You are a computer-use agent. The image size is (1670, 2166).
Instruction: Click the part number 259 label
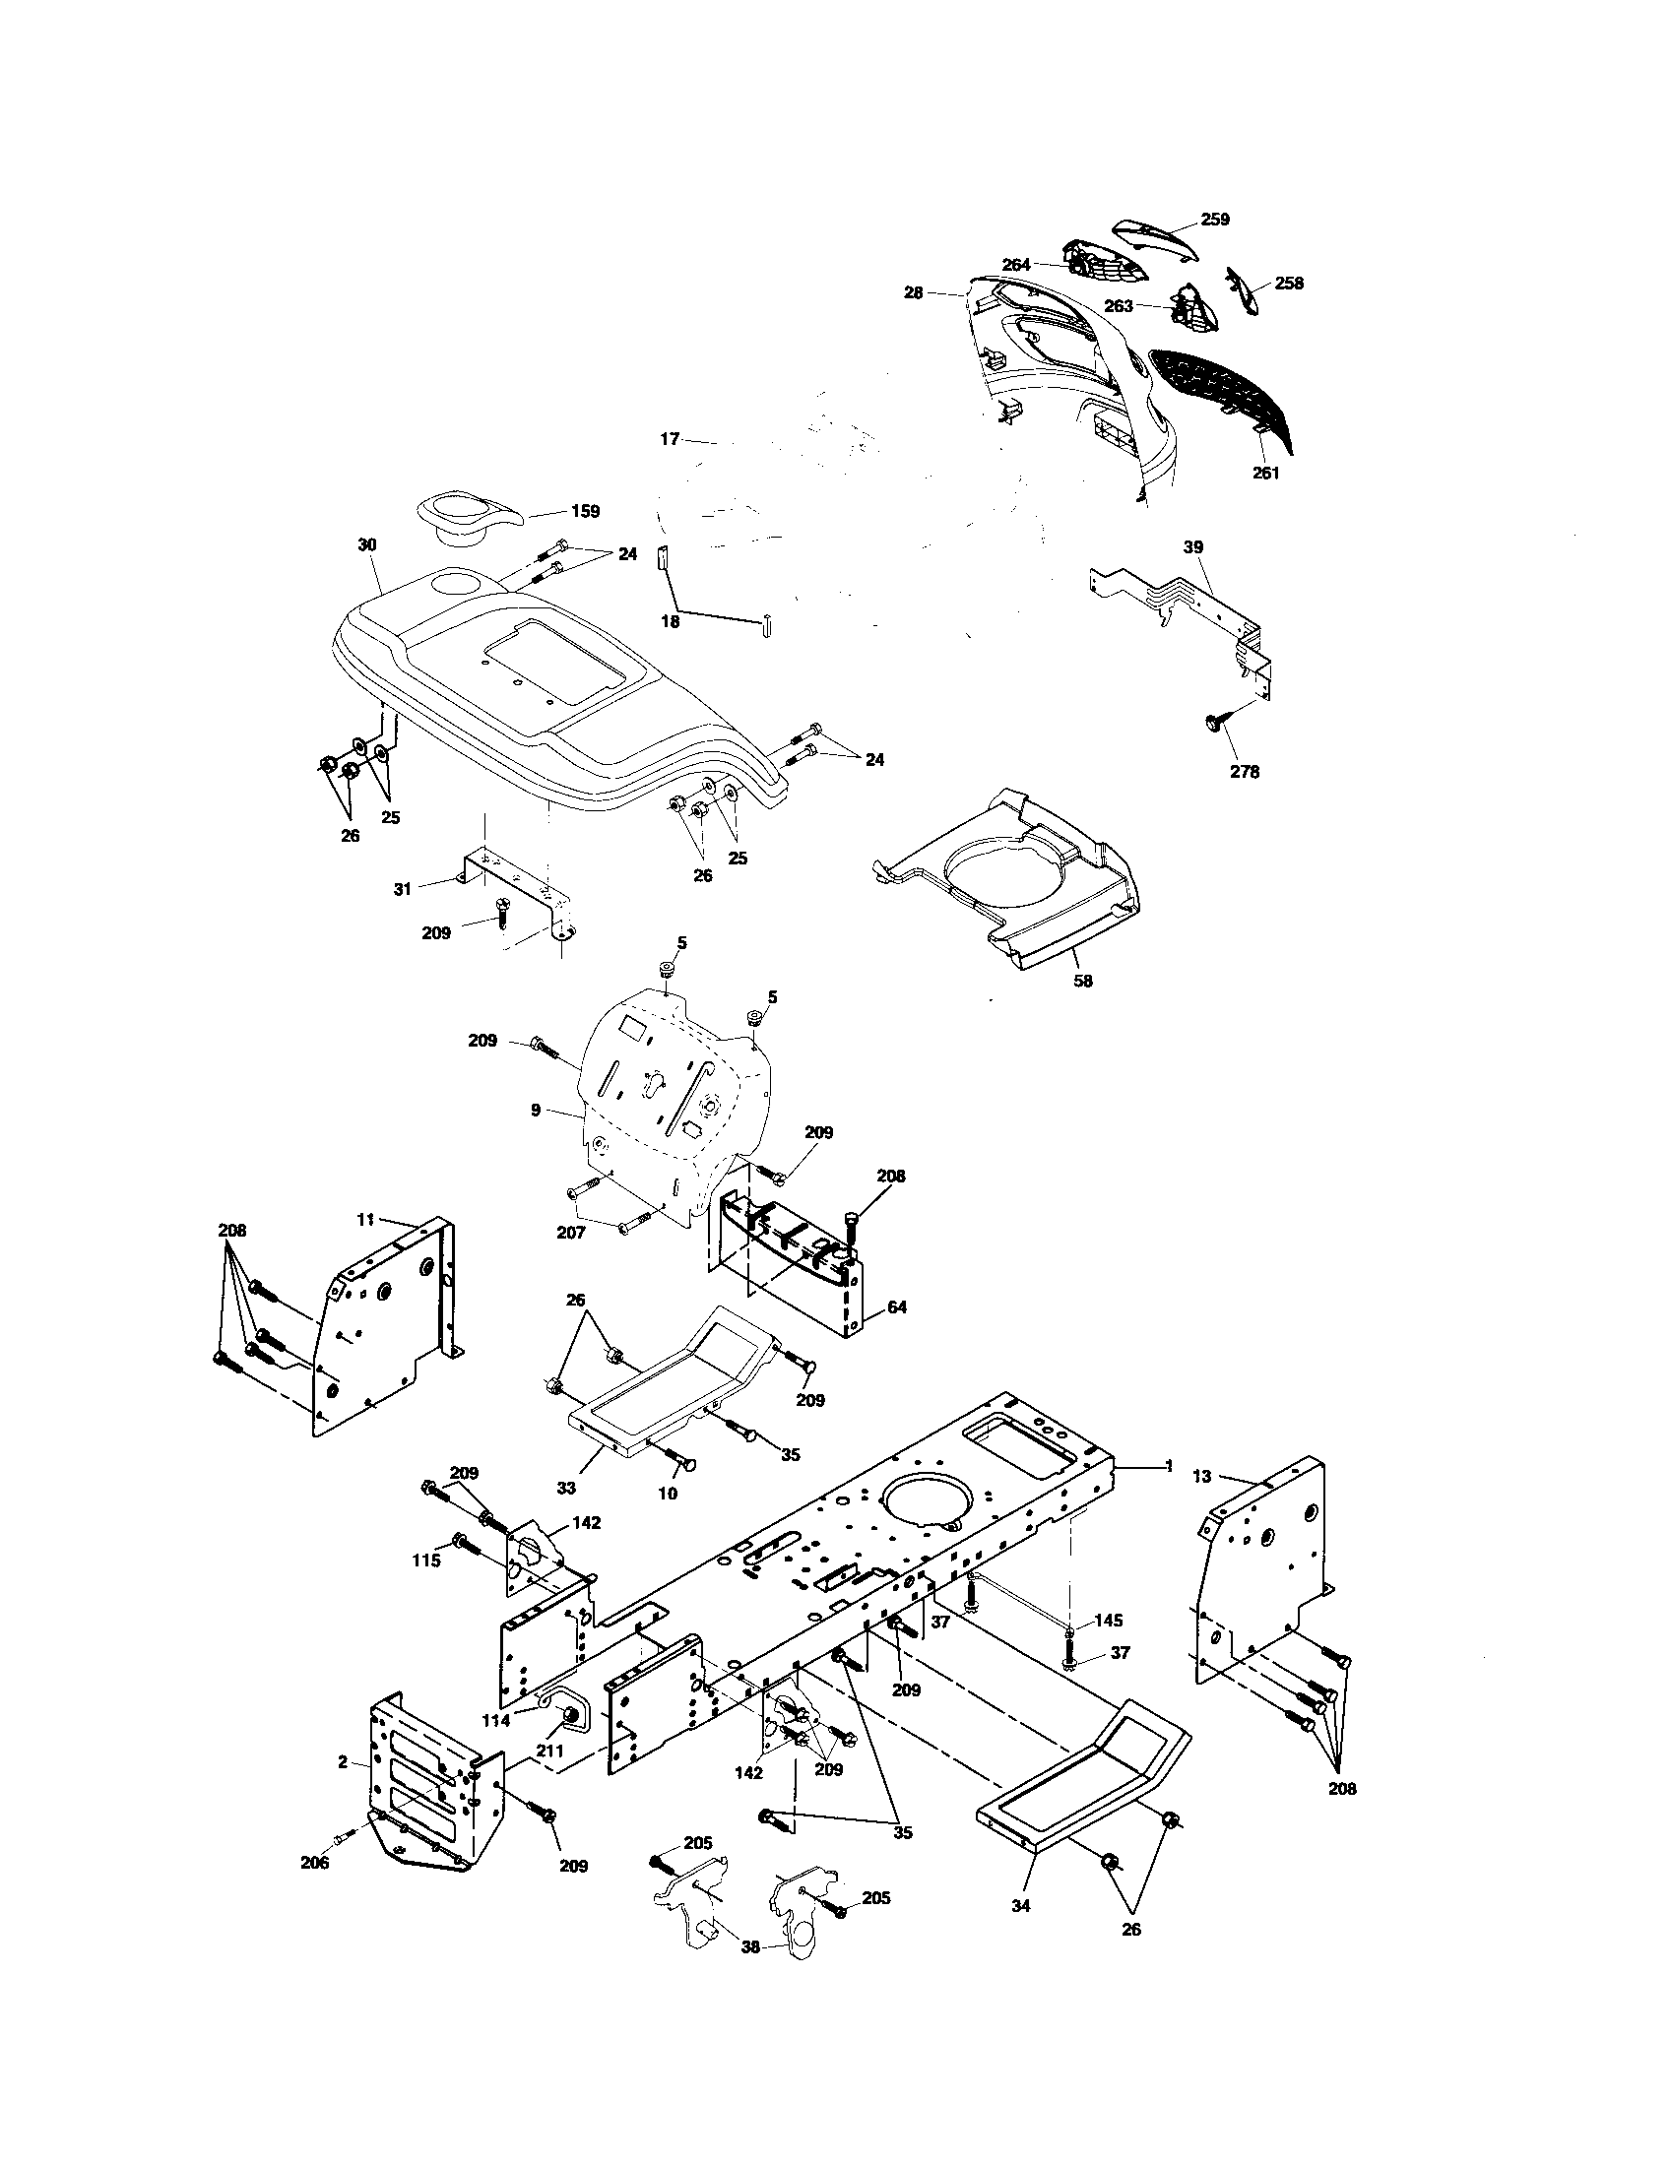1215,220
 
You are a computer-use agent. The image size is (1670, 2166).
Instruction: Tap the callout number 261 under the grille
1265,473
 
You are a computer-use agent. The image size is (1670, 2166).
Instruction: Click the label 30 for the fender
367,545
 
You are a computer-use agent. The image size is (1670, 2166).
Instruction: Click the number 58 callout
1083,981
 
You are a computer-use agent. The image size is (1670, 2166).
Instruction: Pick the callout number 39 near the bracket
1193,546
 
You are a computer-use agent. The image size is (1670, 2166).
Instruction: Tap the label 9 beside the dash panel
536,1110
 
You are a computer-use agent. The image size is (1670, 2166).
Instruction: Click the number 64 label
896,1307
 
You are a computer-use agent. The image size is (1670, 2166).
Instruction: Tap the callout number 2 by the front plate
343,1761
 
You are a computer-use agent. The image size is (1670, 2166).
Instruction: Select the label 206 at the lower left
315,1863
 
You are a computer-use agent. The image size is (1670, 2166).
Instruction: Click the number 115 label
425,1561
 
